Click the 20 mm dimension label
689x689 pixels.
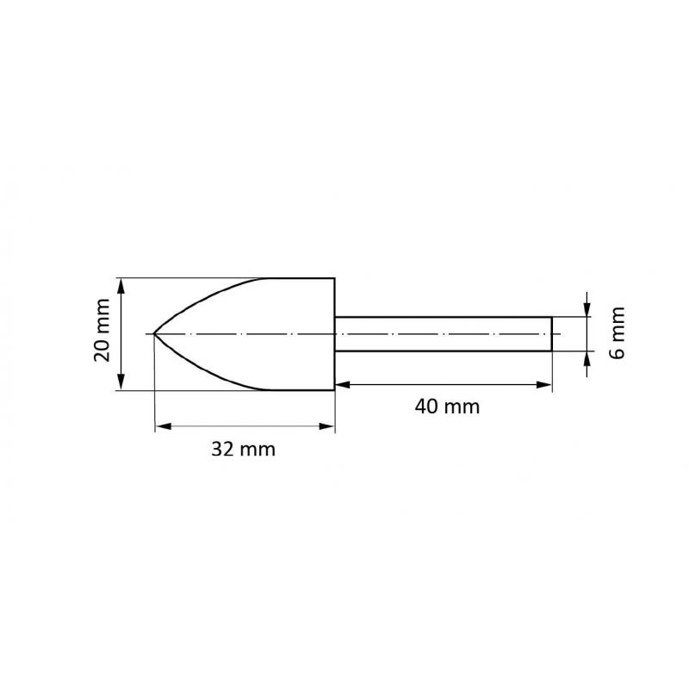click(x=102, y=334)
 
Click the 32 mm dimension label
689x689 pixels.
click(x=244, y=450)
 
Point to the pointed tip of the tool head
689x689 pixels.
click(x=153, y=334)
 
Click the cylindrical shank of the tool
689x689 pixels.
click(x=444, y=334)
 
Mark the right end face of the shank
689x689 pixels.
click(x=551, y=334)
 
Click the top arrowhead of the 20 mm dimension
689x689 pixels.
click(x=122, y=283)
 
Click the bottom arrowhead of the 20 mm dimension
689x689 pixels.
click(x=122, y=385)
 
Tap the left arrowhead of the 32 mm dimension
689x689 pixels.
click(x=159, y=425)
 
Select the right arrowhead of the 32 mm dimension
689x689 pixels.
click(x=328, y=425)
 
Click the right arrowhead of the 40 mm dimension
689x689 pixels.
click(x=545, y=384)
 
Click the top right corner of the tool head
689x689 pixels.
click(x=334, y=278)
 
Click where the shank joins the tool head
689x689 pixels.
click(x=335, y=334)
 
